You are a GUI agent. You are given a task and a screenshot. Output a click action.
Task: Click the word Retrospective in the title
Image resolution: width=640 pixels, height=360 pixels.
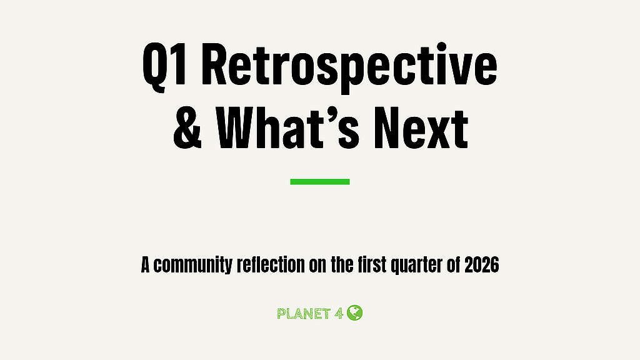tap(349, 65)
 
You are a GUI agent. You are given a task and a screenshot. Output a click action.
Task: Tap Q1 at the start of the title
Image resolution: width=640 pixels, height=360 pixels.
tap(165, 67)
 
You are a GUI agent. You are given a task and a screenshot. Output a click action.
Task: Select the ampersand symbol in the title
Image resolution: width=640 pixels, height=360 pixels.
tap(187, 128)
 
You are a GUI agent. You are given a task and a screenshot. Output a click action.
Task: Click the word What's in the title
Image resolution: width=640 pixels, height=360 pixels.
tap(287, 128)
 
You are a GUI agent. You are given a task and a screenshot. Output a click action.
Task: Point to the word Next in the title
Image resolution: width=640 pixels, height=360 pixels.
tap(421, 128)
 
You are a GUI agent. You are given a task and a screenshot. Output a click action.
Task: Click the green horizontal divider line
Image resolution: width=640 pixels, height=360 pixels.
tap(320, 182)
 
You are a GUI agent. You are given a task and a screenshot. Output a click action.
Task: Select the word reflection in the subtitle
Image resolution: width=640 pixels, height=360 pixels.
tap(271, 264)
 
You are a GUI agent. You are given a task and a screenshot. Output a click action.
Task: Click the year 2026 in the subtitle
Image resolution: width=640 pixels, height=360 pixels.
tap(482, 265)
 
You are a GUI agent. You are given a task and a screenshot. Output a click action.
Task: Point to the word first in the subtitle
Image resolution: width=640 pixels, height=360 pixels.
tap(372, 264)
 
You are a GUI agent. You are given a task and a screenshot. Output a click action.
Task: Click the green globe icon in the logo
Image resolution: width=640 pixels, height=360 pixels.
tap(355, 312)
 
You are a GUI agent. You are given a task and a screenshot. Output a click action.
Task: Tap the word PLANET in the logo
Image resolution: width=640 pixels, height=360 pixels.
tap(304, 314)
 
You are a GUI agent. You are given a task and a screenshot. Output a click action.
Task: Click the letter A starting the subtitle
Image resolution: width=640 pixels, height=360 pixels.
tap(145, 265)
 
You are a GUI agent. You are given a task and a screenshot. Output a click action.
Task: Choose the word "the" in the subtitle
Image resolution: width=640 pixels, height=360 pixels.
tap(342, 264)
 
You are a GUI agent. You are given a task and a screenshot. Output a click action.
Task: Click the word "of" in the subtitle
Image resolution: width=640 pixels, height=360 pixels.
tap(454, 264)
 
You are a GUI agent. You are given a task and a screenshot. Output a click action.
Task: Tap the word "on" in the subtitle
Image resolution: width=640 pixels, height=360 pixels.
tap(317, 266)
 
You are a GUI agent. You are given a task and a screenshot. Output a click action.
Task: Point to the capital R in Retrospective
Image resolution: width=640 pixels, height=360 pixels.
tap(214, 65)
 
